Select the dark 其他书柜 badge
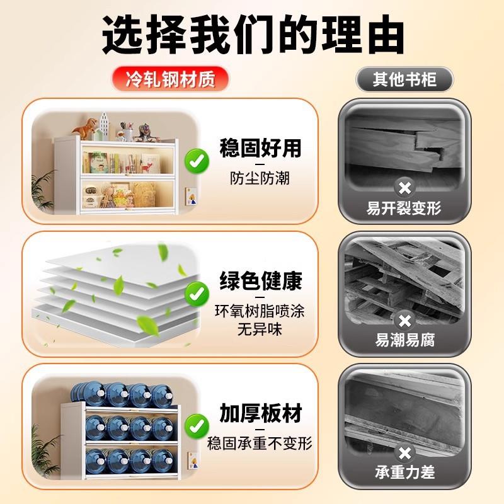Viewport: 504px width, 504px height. [404, 79]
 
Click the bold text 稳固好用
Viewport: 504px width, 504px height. [260, 149]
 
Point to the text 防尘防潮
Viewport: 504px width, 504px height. [260, 178]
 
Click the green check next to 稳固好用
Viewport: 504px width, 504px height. [198, 162]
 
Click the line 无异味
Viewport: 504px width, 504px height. [260, 329]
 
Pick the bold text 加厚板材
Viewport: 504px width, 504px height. [260, 414]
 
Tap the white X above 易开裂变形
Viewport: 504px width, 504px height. [404, 187]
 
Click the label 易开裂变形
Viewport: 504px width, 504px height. [404, 209]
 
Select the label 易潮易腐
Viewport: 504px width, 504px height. [404, 341]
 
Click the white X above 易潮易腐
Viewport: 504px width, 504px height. [404, 321]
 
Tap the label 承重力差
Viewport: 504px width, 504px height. [404, 472]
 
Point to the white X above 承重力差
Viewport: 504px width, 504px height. [404, 453]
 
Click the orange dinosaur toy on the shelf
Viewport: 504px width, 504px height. [86, 129]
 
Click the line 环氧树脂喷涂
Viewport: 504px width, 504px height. [260, 311]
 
